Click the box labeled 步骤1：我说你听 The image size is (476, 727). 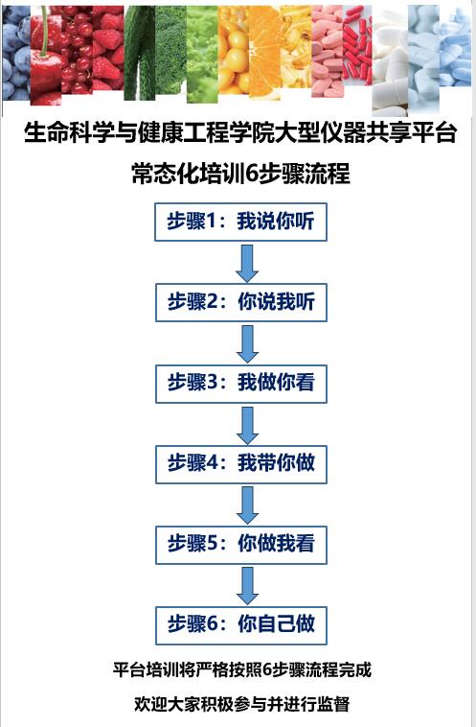pos(240,222)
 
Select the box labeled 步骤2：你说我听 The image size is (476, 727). pos(240,302)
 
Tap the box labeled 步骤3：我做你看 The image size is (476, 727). pos(240,384)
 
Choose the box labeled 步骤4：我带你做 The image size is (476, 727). pos(240,464)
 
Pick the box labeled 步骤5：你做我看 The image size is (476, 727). pos(240,545)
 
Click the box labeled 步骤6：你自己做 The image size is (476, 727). pos(240,625)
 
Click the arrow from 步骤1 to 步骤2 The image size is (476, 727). pos(247,264)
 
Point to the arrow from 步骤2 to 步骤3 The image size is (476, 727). pos(247,344)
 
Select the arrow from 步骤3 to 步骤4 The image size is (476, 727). pos(247,425)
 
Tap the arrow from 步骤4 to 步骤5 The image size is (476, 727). pos(247,505)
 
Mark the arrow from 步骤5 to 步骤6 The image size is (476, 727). pos(247,586)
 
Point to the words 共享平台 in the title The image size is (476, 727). pos(411,133)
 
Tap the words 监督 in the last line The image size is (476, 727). pos(333,704)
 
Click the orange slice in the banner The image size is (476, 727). pos(264,52)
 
